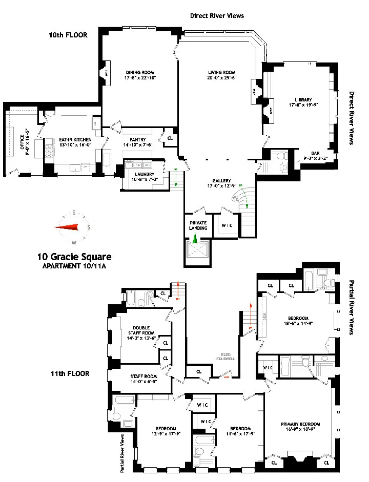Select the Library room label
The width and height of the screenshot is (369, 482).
click(303, 100)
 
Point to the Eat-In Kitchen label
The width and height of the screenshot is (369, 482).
click(75, 139)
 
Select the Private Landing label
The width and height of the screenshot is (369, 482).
click(198, 225)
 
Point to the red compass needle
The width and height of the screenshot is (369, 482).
click(68, 227)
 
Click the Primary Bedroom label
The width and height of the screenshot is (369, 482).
click(300, 424)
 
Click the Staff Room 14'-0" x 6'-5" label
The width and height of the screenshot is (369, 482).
click(133, 379)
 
